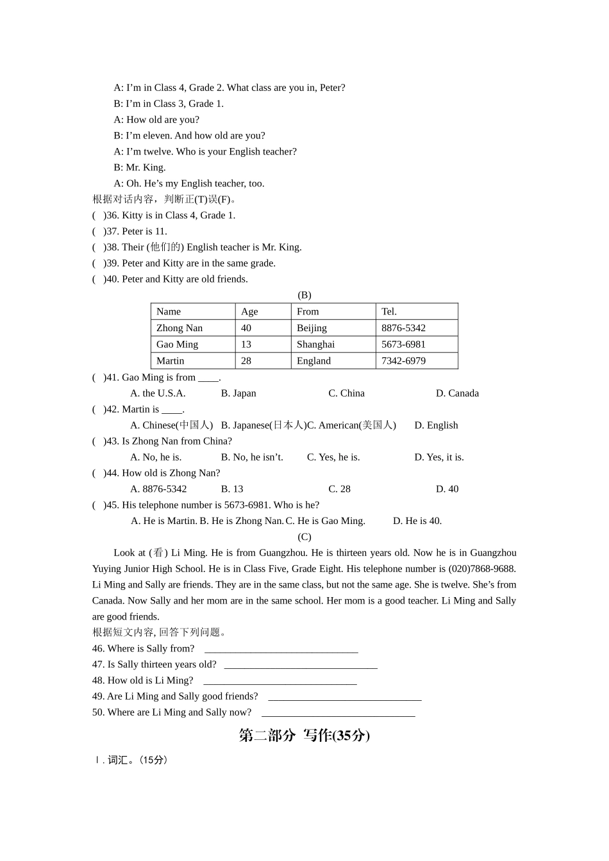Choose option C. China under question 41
[x=346, y=393]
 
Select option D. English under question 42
[x=436, y=425]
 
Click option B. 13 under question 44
[x=232, y=489]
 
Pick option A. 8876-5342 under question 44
[x=158, y=489]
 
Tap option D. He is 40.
[x=417, y=521]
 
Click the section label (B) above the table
[x=304, y=295]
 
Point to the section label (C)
[x=304, y=537]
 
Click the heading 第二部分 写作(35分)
[x=304, y=735]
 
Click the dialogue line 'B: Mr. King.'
[x=140, y=168]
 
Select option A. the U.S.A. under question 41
[x=158, y=393]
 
